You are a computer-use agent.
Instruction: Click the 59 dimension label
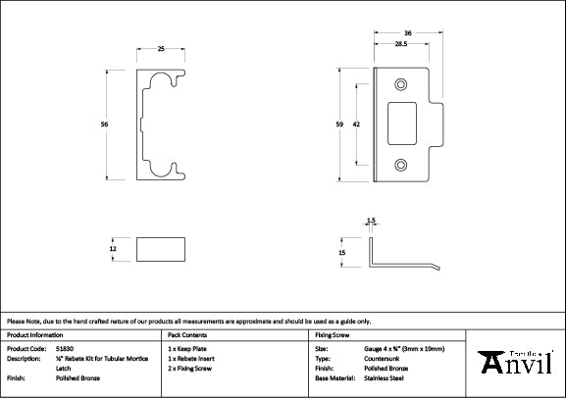(340, 124)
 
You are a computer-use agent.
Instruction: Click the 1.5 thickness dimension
(371, 222)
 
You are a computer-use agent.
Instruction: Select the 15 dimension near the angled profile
(342, 252)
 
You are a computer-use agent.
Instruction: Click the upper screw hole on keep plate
(399, 83)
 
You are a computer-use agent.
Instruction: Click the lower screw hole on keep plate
(399, 165)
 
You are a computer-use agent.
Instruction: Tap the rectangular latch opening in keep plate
(401, 124)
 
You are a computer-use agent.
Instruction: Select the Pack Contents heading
(188, 334)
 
